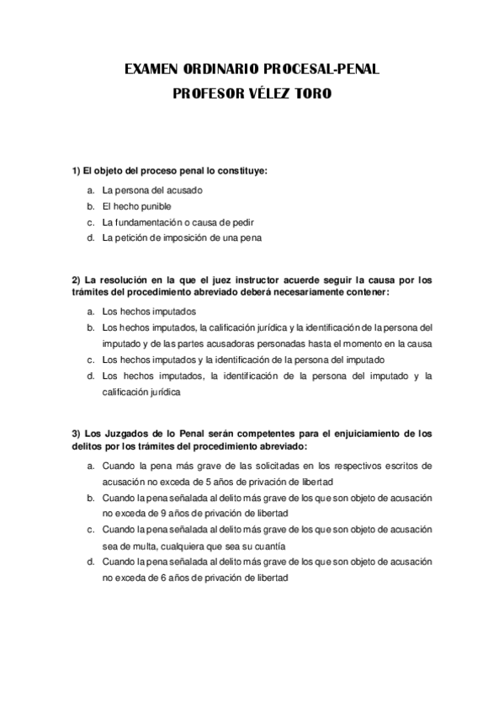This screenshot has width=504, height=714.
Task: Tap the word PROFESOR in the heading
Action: pyautogui.click(x=207, y=94)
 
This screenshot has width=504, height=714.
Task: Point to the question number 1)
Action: pyautogui.click(x=75, y=171)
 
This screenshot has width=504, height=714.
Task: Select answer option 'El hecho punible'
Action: pyautogui.click(x=136, y=206)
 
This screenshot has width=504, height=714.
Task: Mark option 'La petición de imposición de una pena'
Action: pyautogui.click(x=182, y=238)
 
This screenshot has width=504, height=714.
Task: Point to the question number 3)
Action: pyautogui.click(x=75, y=434)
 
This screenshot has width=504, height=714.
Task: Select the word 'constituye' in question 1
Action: pyautogui.click(x=241, y=171)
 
